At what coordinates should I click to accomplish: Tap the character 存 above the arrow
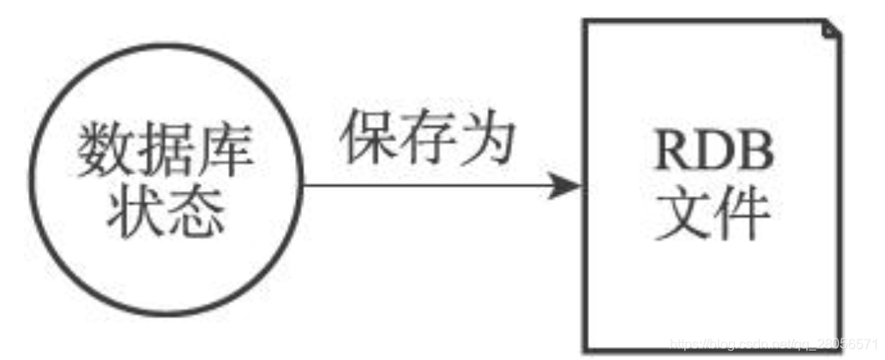point(428,137)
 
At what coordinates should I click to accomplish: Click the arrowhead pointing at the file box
point(565,186)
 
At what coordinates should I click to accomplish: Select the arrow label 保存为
point(428,137)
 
